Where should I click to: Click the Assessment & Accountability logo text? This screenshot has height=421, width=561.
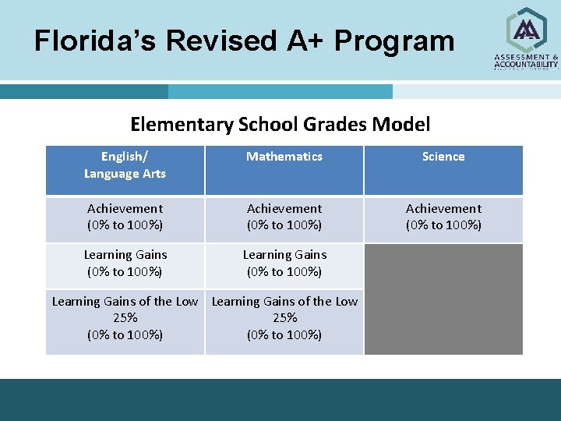[x=527, y=61]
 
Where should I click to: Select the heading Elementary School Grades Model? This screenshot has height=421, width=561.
[x=280, y=124]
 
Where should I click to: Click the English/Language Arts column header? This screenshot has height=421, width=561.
[x=125, y=165]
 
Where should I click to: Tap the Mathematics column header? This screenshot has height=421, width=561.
[x=284, y=157]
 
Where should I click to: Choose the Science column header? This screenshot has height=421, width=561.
[x=443, y=157]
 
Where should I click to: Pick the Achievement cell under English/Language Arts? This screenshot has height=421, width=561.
[x=125, y=217]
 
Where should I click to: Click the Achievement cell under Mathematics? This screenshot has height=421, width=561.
[x=284, y=217]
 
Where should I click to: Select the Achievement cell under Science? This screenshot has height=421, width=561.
[x=443, y=217]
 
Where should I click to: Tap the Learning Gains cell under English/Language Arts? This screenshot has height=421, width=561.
[x=125, y=263]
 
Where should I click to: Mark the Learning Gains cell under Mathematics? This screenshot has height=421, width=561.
[x=284, y=263]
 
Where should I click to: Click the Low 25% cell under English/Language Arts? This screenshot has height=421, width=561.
[x=125, y=318]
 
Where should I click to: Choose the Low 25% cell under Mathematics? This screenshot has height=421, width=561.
[x=284, y=318]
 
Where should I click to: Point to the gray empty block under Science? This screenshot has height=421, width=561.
[x=443, y=299]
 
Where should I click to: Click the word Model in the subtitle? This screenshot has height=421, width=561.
[x=401, y=124]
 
